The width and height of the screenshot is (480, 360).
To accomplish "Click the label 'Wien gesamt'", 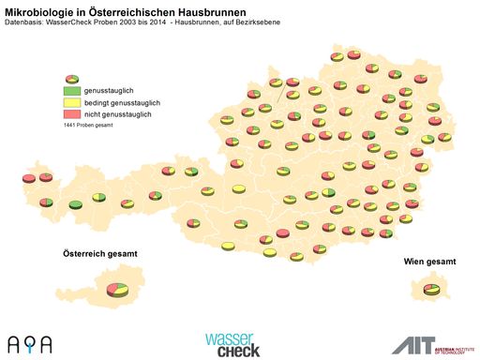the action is pos(430,261).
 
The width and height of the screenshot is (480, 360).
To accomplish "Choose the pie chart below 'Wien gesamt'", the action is pos(431,290).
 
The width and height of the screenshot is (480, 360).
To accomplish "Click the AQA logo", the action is pos(30,343).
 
